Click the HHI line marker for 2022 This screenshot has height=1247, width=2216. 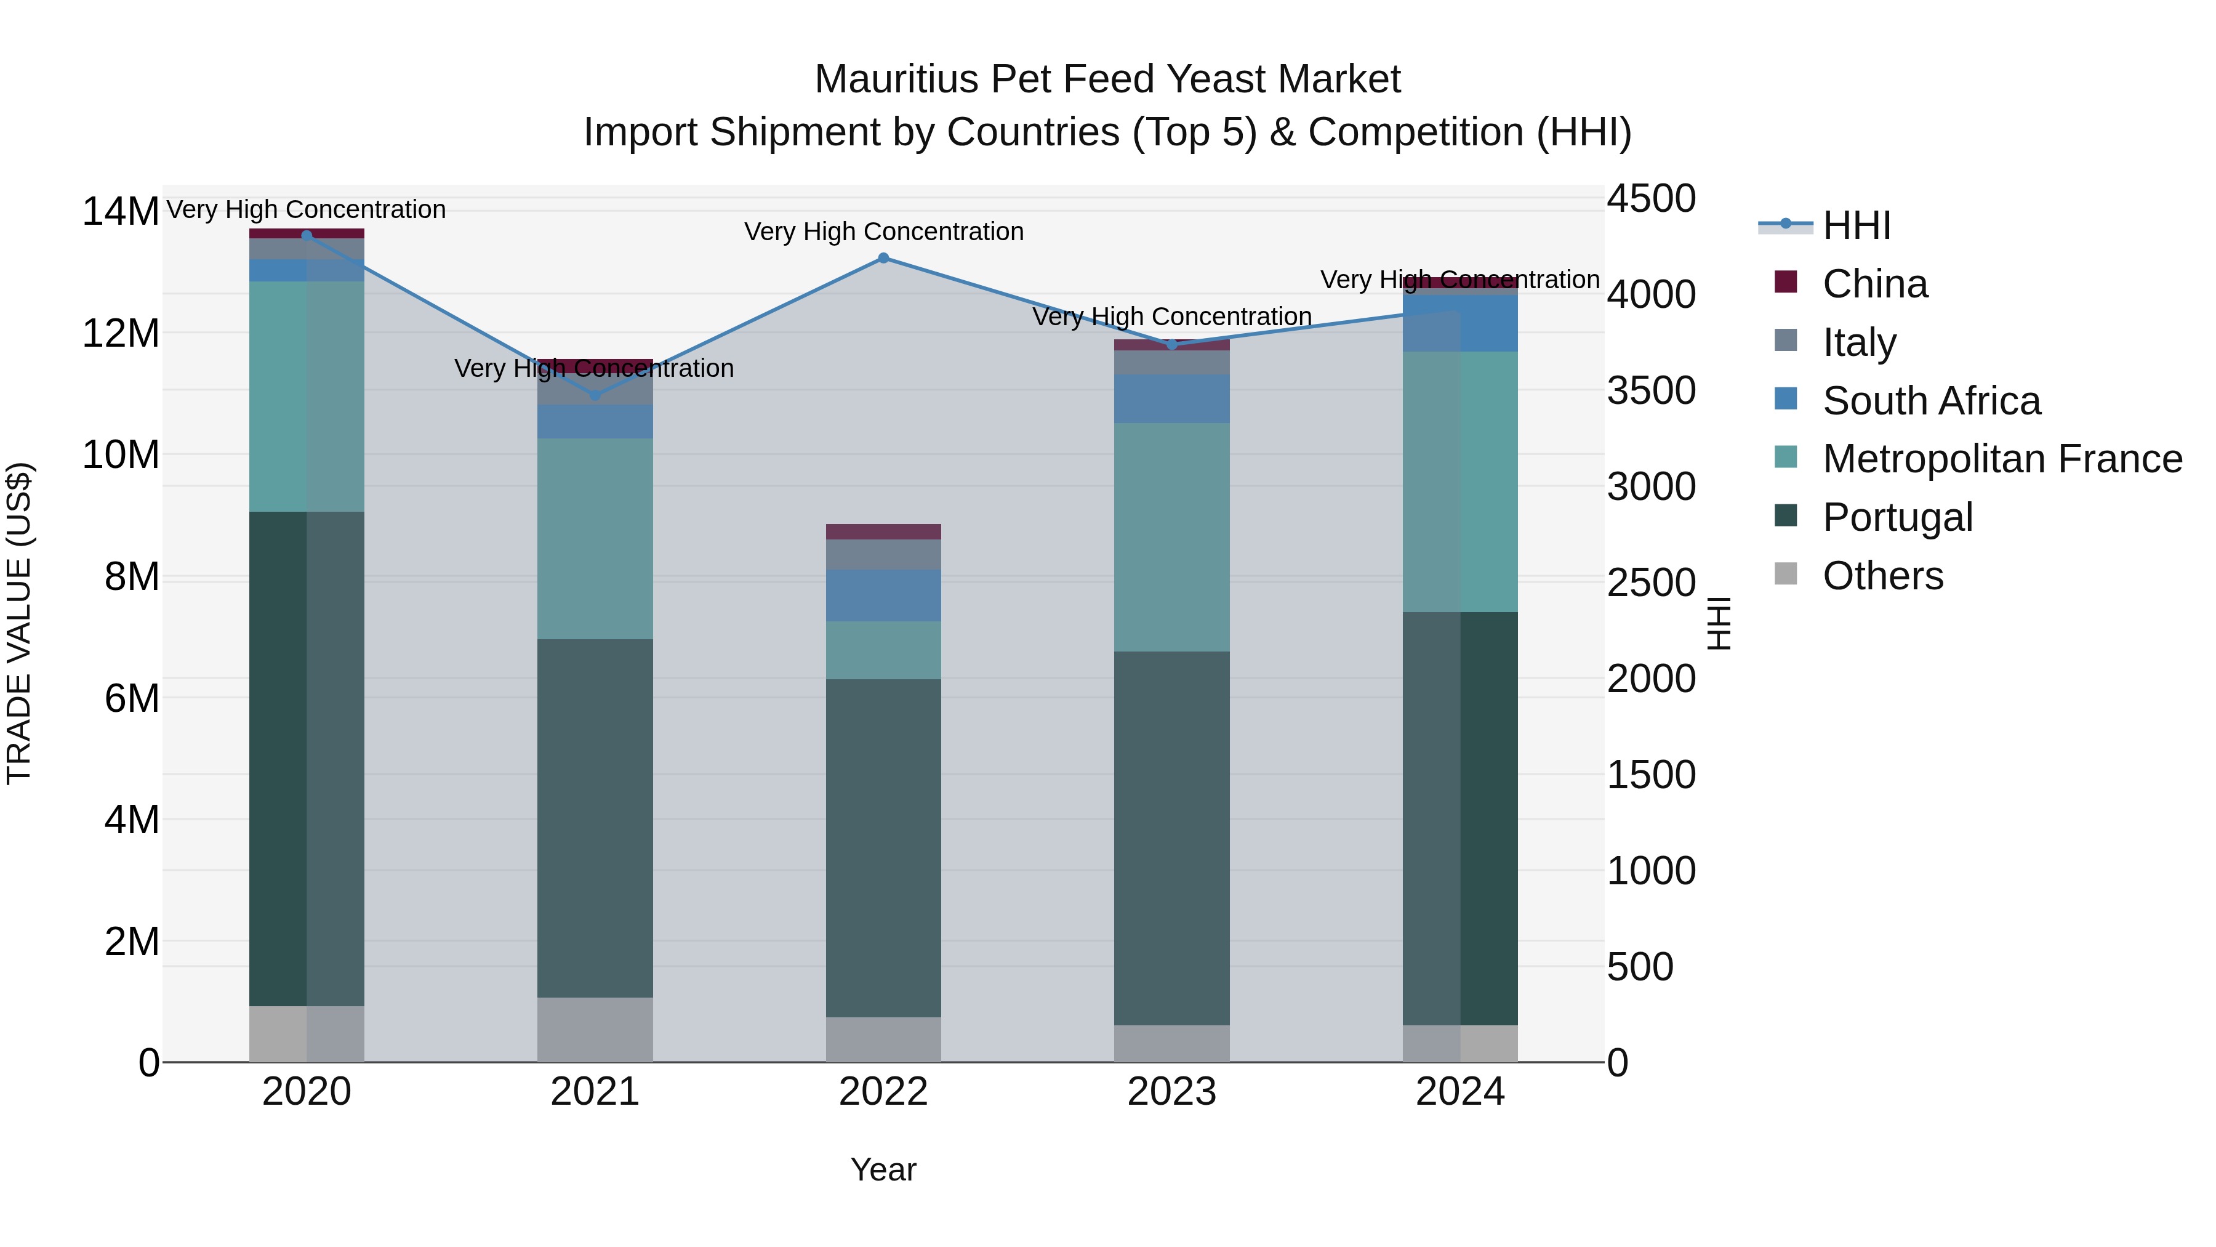tap(883, 258)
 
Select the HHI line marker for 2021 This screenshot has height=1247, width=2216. tap(595, 395)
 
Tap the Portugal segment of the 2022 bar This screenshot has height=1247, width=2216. tap(883, 848)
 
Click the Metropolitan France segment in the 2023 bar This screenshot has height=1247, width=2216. tap(1171, 537)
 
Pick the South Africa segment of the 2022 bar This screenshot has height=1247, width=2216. tap(883, 595)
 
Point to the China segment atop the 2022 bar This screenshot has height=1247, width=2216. tap(883, 532)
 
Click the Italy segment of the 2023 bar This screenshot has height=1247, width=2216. tap(1171, 362)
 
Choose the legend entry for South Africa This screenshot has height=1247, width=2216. tap(1930, 401)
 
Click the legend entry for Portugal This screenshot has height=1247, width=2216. tap(1897, 517)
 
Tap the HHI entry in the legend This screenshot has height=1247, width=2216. tap(1857, 225)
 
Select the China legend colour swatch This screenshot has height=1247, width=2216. tap(1786, 282)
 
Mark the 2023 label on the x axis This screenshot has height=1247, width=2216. tap(1171, 1092)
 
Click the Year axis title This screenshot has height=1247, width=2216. tap(883, 1169)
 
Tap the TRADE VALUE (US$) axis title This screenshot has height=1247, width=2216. tap(19, 623)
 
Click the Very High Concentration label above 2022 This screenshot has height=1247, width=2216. tap(883, 232)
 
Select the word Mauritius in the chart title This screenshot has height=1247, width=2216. tap(896, 79)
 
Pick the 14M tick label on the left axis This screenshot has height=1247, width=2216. tap(121, 212)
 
